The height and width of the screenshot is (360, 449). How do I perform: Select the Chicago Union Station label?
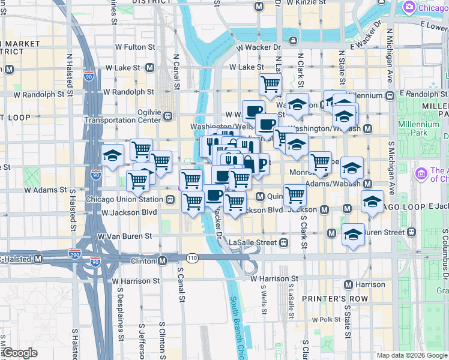coord(124,199)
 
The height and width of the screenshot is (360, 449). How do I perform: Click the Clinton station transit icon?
coord(162,260)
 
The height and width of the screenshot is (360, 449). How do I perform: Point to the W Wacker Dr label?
coord(259,46)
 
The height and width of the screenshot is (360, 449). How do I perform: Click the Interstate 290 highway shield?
coord(75,253)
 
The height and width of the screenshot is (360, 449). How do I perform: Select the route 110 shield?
coord(191,258)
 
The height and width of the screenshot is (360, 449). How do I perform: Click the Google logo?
coord(20,352)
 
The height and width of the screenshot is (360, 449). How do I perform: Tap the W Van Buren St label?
coord(125,236)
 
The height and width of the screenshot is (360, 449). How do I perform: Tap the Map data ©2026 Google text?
coord(411,355)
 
